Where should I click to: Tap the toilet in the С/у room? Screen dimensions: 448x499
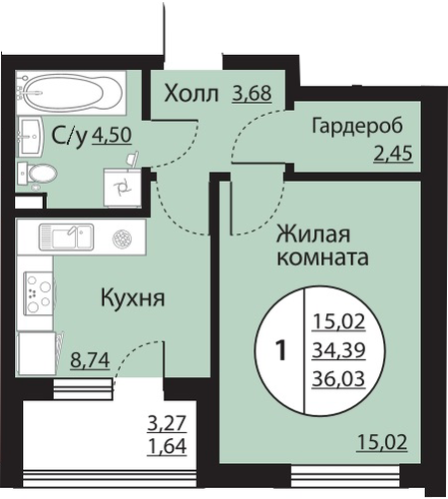37,174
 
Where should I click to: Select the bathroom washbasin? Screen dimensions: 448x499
30,137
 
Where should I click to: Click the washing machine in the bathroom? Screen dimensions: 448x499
122,188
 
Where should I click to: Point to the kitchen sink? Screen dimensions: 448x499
66,237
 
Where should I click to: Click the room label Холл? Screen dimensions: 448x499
192,94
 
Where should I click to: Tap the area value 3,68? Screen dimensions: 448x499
252,94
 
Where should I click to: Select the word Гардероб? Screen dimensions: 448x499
357,127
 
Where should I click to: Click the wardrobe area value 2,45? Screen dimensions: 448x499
393,154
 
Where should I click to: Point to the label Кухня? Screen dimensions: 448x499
133,298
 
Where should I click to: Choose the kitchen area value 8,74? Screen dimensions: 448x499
90,360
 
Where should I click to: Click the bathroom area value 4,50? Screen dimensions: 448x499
112,135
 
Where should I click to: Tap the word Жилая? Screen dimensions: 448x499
313,235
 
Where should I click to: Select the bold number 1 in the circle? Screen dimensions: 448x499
281,351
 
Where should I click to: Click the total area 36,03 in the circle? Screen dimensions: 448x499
338,379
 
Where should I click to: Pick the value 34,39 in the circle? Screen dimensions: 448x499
338,350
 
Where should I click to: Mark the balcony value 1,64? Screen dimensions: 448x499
167,446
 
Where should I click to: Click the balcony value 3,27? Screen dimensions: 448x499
167,423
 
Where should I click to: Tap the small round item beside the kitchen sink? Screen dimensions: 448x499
122,239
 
